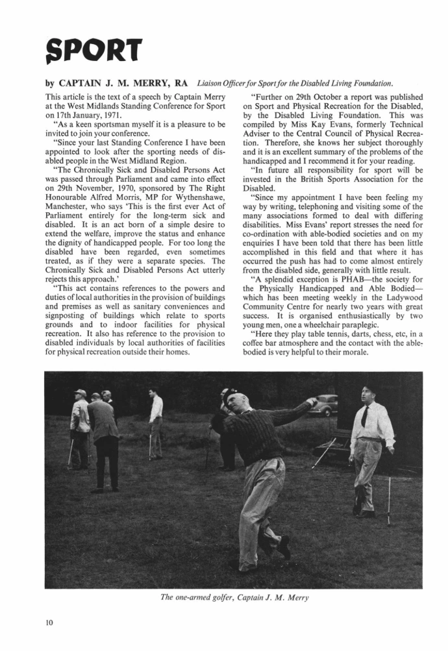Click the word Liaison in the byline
point(212,83)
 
